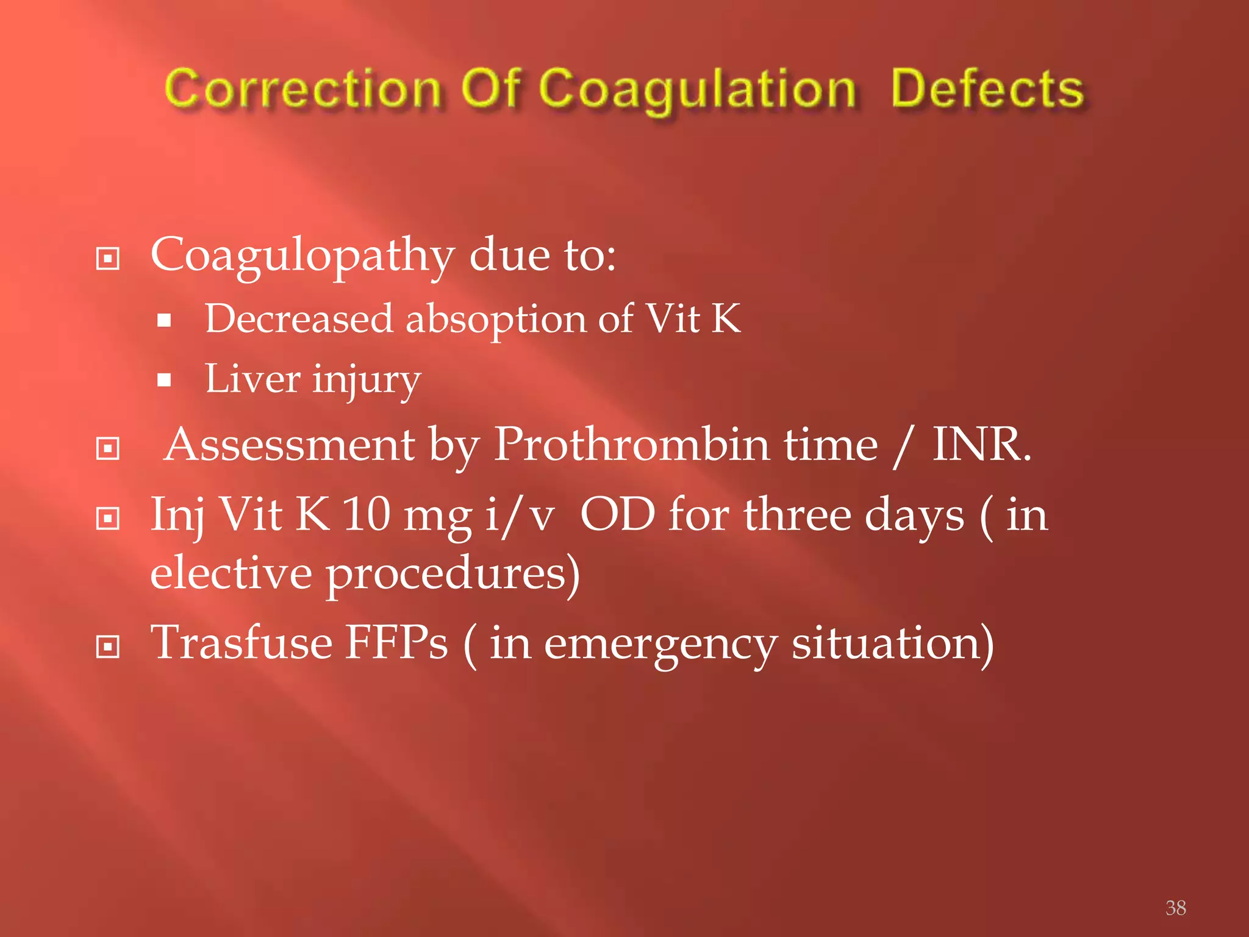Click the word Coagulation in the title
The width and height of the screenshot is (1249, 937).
click(696, 90)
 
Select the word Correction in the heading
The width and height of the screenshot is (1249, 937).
click(302, 90)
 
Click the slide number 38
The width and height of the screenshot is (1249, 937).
click(1175, 908)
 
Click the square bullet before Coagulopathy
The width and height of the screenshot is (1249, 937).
click(108, 259)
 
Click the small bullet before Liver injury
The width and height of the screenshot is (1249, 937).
click(163, 381)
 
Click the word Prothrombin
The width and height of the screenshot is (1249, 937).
click(631, 445)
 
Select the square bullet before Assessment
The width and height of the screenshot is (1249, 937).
click(108, 449)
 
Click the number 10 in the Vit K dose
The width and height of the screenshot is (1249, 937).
click(366, 514)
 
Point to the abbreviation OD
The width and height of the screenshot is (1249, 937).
click(617, 514)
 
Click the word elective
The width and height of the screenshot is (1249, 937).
click(231, 573)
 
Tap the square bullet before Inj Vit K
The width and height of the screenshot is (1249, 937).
click(108, 519)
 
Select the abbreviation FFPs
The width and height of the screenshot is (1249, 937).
click(397, 643)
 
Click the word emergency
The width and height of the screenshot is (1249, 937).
click(660, 645)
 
